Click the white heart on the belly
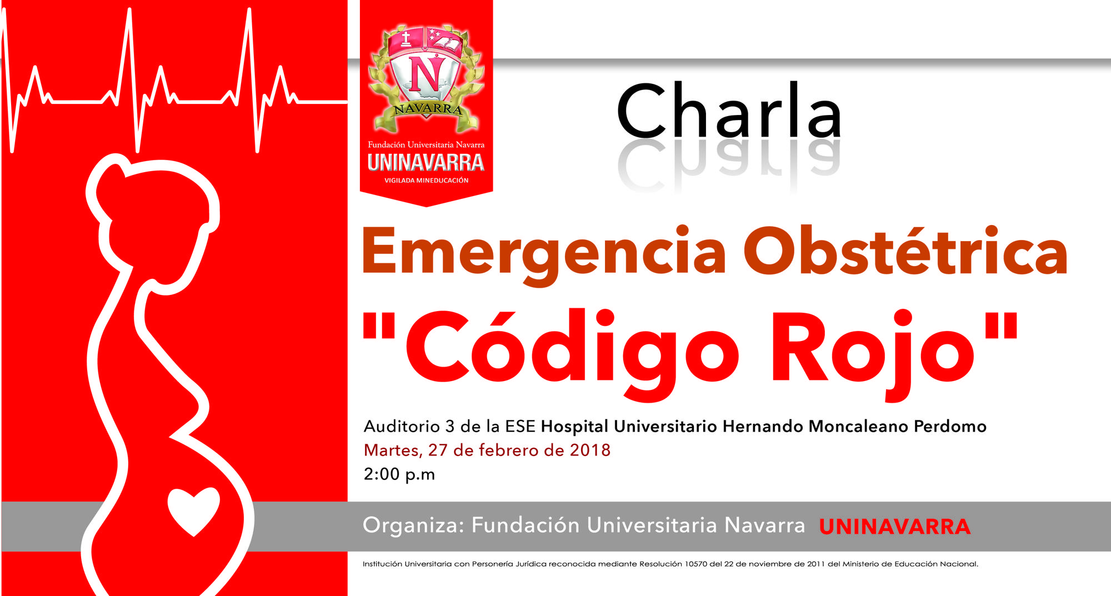click(x=194, y=509)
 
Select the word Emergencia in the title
click(x=544, y=253)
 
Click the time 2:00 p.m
click(x=399, y=474)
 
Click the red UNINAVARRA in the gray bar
click(x=894, y=527)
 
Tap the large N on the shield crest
click(x=426, y=74)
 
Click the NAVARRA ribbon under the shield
click(x=427, y=109)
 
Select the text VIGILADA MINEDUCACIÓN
click(x=426, y=181)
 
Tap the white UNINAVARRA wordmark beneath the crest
click(x=426, y=163)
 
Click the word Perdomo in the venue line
click(x=950, y=427)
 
